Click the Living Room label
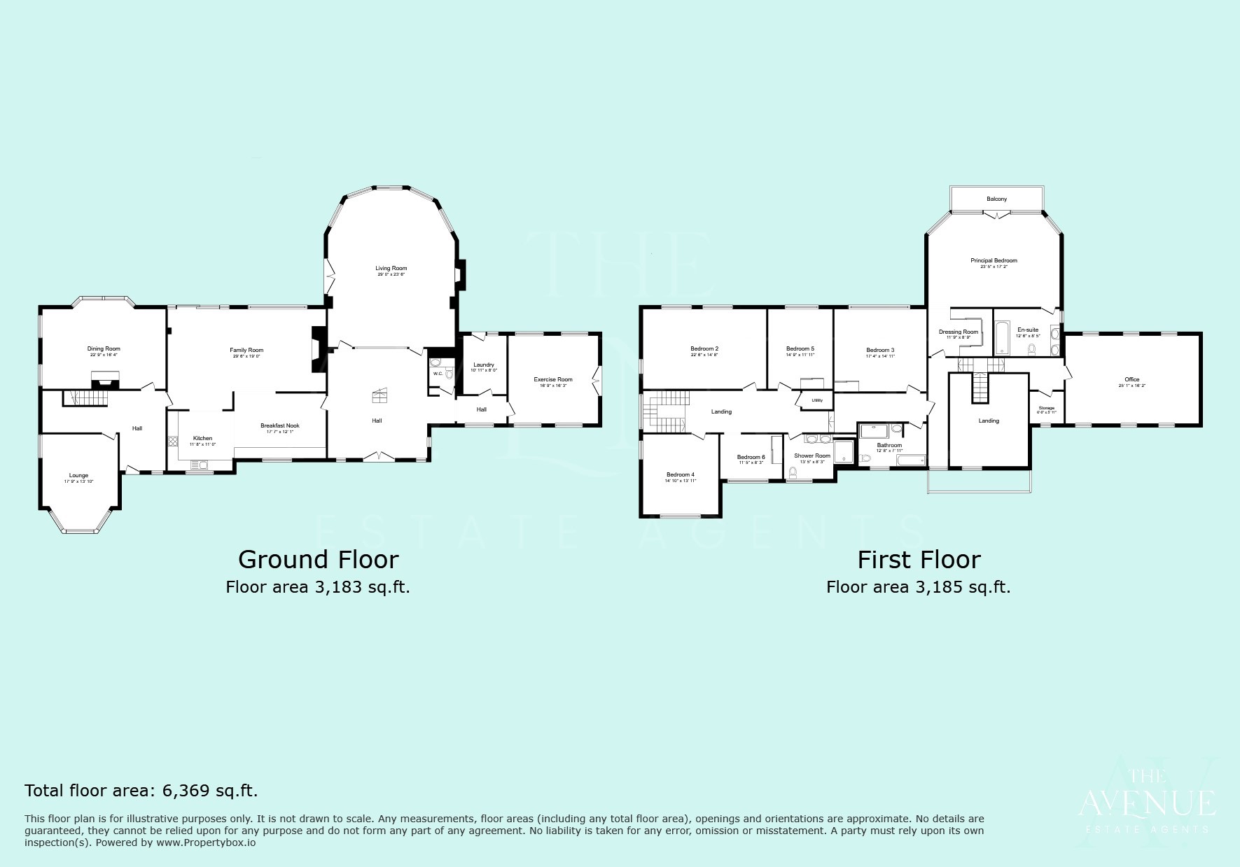[x=391, y=269]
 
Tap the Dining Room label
[x=104, y=348]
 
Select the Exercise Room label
[x=553, y=379]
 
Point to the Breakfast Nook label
[x=280, y=425]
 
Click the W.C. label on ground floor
[x=438, y=374]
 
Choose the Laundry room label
[x=484, y=365]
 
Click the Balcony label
[x=997, y=199]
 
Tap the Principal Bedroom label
[x=994, y=260]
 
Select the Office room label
[x=1132, y=379]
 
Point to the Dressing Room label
[x=959, y=332]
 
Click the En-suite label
[x=1028, y=330]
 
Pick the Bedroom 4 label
[x=681, y=474]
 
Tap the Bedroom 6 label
[x=751, y=457]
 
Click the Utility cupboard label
[x=817, y=400]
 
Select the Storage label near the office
[x=1046, y=408]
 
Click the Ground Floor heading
[x=318, y=560]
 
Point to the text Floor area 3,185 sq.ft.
[x=918, y=587]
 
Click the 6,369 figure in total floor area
[x=186, y=791]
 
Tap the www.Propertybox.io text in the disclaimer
[x=205, y=843]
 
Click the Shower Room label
[x=812, y=456]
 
